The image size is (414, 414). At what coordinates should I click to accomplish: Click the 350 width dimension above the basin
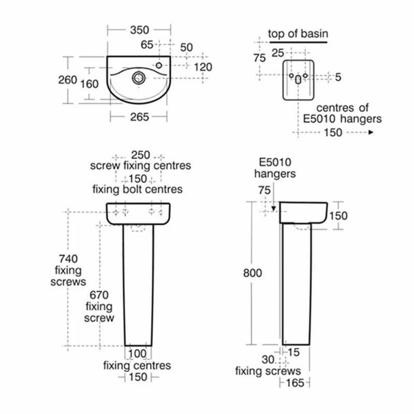point(139,31)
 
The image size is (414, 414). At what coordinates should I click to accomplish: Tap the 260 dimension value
point(67,80)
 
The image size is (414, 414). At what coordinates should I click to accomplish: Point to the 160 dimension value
point(89,83)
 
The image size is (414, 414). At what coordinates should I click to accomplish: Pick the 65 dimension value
point(147,45)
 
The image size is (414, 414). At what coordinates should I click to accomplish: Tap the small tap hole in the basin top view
point(159,65)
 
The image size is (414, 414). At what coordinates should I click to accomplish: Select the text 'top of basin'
point(298,34)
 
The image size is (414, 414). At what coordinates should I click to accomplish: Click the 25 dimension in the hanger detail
point(278,52)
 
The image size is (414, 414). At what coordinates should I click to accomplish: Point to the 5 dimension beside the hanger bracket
point(338,77)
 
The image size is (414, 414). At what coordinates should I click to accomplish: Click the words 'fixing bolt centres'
point(137,189)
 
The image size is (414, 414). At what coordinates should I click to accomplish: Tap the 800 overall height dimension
point(253,273)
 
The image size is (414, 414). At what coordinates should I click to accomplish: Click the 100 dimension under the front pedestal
point(138,354)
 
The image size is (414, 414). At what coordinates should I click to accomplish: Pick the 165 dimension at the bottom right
point(295,383)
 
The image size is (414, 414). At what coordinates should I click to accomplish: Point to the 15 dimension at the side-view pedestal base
point(293,352)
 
